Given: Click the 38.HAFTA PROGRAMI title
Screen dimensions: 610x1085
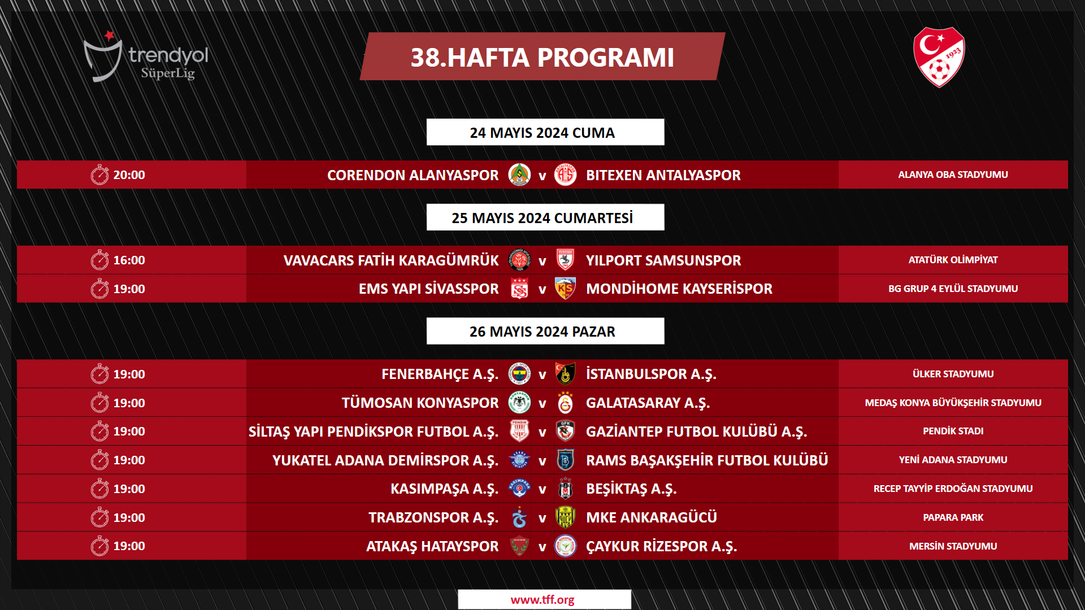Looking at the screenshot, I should tap(542, 57).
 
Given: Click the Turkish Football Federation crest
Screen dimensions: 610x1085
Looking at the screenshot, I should tap(939, 57).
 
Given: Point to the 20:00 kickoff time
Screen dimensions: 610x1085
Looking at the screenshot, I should tap(129, 175).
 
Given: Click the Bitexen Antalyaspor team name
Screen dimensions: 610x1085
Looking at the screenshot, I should tap(663, 175).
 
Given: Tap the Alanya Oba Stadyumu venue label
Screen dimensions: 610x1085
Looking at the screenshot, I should tap(953, 175).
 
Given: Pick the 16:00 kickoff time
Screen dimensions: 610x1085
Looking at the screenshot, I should tap(129, 260).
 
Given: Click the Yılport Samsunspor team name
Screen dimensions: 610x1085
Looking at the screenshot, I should tap(663, 260).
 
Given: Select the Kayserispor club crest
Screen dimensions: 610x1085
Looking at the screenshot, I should tap(565, 289).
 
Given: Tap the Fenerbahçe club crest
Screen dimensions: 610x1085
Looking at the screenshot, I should tap(519, 374).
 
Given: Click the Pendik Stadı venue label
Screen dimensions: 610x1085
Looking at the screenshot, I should tap(953, 431).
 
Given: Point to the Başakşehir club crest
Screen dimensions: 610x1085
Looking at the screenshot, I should tap(565, 460).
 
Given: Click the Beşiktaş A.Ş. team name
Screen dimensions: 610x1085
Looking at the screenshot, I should tap(631, 489).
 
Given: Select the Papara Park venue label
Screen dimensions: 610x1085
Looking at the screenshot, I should tap(953, 517).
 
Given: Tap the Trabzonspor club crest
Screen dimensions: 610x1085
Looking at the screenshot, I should tap(519, 517).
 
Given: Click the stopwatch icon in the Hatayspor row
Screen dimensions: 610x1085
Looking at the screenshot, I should tap(99, 546).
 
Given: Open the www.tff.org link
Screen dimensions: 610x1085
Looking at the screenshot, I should tap(542, 600).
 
